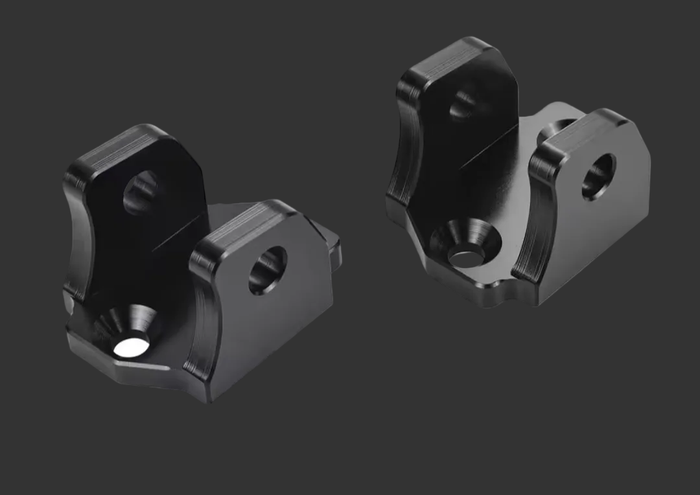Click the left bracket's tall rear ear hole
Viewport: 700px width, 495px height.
pos(141,192)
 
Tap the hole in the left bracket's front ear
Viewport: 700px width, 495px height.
pos(268,270)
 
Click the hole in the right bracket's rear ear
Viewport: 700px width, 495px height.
pos(464,104)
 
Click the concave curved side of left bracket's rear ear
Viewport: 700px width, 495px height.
pos(78,233)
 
